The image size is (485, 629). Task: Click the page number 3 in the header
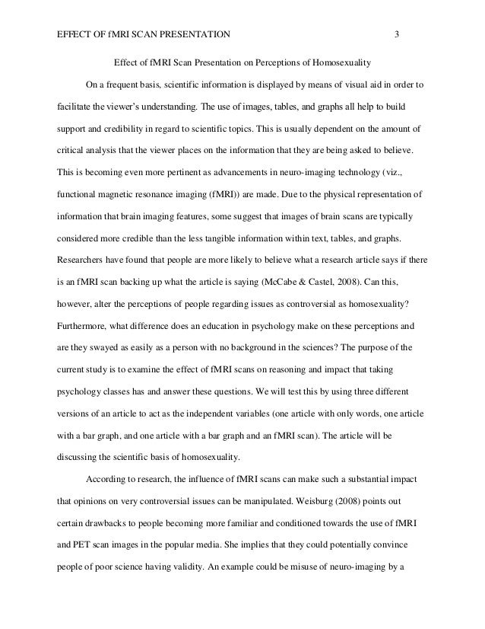click(398, 34)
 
